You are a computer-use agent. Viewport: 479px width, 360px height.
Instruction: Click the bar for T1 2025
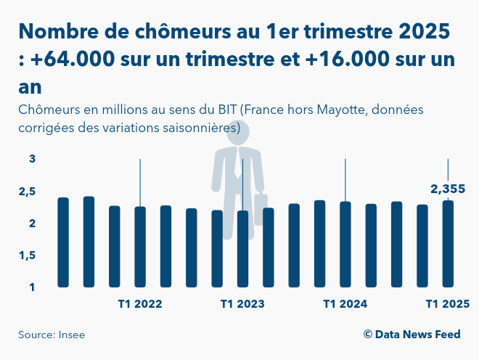(448, 244)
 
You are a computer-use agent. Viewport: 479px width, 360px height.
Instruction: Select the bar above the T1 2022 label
(140, 247)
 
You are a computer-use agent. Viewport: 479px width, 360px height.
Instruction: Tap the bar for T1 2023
(242, 249)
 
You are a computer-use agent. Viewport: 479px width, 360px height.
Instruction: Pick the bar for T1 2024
(345, 245)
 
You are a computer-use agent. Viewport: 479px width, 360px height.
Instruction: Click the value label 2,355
(448, 189)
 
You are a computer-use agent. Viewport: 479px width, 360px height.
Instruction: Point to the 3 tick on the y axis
(32, 159)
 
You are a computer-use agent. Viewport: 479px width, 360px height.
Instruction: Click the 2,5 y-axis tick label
(27, 192)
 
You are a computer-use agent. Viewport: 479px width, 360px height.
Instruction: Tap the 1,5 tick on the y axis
(27, 255)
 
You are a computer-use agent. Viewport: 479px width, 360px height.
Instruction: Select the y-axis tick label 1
(32, 287)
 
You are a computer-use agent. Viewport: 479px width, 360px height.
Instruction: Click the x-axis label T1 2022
(140, 304)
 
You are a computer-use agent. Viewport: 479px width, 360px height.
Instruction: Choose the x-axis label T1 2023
(242, 304)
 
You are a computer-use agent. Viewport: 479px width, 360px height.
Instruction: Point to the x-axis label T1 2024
(345, 304)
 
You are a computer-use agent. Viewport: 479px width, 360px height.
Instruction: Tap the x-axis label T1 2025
(448, 304)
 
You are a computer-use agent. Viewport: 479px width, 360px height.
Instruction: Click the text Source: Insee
(52, 335)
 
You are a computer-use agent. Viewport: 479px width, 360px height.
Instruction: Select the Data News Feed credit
(412, 335)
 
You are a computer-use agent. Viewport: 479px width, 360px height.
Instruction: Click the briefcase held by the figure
(261, 209)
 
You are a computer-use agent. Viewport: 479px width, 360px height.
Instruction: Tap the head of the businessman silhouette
(238, 132)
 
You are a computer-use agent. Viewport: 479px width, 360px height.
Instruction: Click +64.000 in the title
(73, 59)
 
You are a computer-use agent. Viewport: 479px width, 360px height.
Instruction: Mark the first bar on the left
(63, 242)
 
